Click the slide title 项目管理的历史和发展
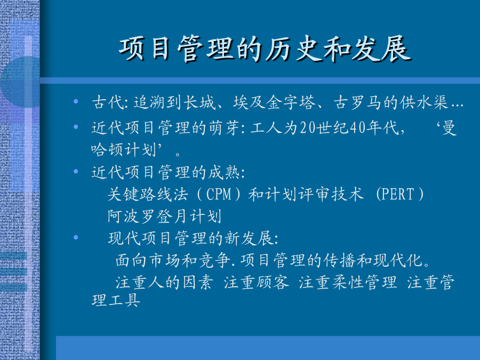265,49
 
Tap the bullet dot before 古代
76,101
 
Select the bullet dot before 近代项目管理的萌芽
76,126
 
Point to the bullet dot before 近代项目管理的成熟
76,171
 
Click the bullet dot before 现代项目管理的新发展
76,237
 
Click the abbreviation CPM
219,194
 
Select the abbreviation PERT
398,194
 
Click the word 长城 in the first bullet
199,102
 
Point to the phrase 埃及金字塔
274,102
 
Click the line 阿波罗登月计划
164,216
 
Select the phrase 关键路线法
148,194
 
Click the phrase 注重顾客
256,282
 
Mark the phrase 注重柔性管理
348,282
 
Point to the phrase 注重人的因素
164,282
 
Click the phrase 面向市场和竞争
173,260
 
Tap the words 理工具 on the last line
116,300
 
